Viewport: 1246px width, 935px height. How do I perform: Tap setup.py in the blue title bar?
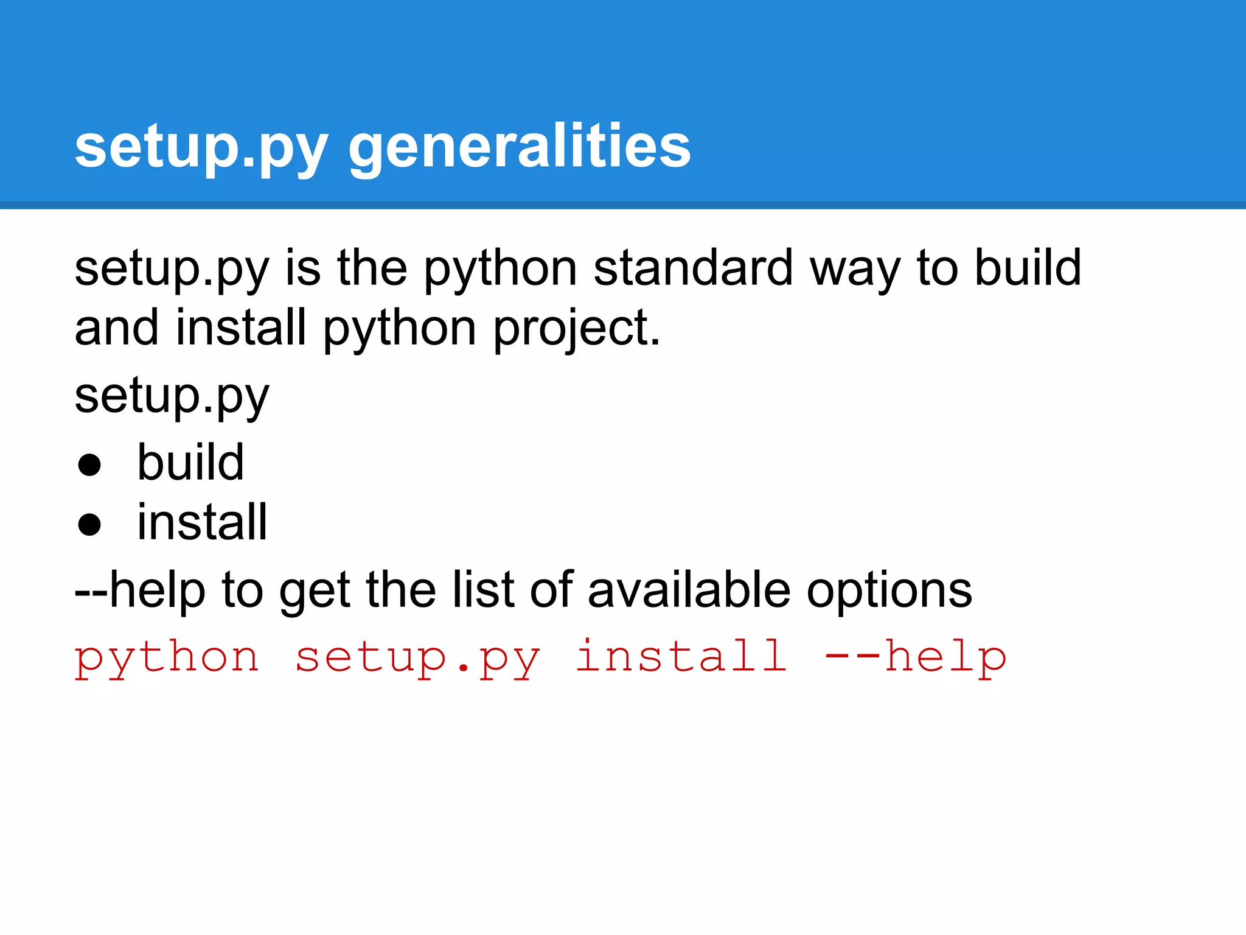pos(201,146)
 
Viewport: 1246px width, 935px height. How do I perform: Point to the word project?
pos(576,329)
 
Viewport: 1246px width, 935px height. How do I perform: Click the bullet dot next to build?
pos(89,465)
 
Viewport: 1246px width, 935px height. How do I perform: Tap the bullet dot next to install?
pos(89,525)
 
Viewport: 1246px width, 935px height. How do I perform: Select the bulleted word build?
pos(190,463)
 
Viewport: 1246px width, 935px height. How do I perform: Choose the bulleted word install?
pos(202,522)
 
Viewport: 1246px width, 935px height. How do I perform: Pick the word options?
pos(889,590)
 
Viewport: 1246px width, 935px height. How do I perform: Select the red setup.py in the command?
pos(417,659)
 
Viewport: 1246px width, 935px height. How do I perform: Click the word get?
pos(315,590)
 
